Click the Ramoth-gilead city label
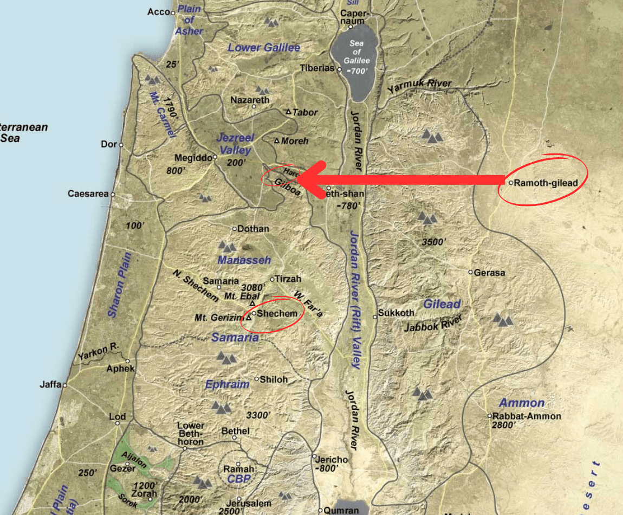click(546, 183)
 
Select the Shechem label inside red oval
click(277, 313)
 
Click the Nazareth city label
click(250, 100)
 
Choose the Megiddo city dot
click(215, 157)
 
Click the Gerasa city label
click(489, 273)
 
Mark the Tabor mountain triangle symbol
click(289, 112)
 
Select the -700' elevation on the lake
click(359, 71)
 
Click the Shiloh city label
click(274, 379)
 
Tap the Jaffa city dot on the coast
click(64, 385)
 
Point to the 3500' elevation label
click(433, 242)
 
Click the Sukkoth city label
click(397, 313)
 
